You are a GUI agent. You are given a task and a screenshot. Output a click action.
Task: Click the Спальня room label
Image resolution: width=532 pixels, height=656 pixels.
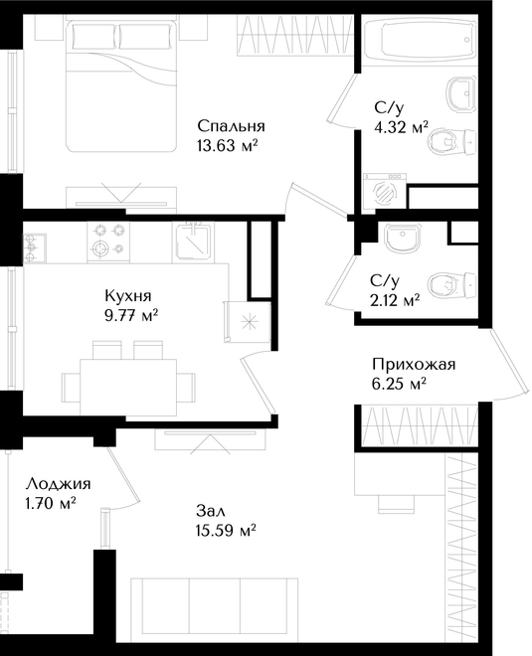pos(231,126)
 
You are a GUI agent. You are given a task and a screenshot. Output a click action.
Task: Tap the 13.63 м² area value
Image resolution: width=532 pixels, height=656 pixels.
pos(226,146)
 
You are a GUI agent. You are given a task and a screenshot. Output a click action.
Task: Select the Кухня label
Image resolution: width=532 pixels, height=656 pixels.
pos(128,296)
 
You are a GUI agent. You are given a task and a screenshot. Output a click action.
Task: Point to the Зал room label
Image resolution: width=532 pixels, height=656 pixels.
pos(211,511)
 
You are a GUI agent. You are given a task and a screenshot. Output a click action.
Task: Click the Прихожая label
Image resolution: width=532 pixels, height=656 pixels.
pos(414,365)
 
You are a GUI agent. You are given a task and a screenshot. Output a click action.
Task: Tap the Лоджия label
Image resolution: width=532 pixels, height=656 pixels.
pos(59,484)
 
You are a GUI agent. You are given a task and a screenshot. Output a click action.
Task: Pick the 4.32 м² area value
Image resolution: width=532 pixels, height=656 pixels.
pos(401,127)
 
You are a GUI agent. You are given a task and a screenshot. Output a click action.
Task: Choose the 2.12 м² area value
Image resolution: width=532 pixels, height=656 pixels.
pos(395,300)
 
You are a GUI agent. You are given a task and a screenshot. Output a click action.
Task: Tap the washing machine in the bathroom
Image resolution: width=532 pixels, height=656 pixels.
pos(385,191)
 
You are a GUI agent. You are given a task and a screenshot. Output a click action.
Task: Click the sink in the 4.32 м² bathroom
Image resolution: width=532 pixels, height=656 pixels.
pos(460,94)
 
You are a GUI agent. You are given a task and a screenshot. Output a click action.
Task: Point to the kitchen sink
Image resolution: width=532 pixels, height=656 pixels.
pos(193,242)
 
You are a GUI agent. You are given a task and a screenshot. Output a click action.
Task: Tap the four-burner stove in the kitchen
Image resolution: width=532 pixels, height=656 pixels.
pos(108,243)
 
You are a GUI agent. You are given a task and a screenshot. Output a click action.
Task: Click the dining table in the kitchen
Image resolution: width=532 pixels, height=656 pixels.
pos(128,388)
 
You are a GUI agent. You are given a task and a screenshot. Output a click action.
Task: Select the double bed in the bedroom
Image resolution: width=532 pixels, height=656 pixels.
pos(120,87)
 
